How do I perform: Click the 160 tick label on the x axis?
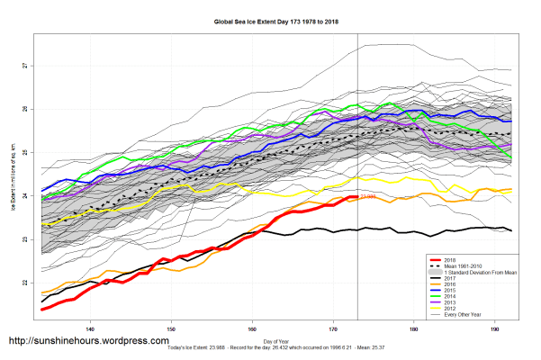tap(253, 330)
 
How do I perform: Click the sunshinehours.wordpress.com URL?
tap(88, 342)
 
